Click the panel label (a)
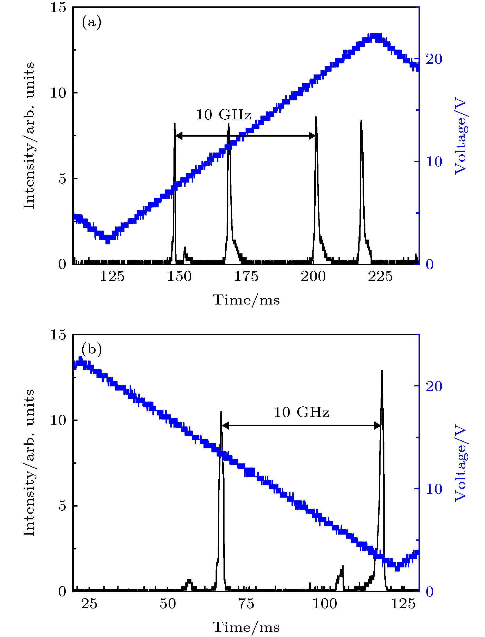[92, 22]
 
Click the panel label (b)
[92, 350]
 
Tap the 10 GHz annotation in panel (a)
[224, 115]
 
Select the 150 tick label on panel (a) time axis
[179, 277]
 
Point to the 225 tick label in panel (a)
[380, 277]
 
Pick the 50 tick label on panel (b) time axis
[168, 604]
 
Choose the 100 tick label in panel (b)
[325, 604]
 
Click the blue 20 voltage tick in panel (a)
[434, 59]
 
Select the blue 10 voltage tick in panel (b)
[434, 489]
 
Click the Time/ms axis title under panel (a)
[246, 300]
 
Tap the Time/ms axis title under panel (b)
[246, 628]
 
